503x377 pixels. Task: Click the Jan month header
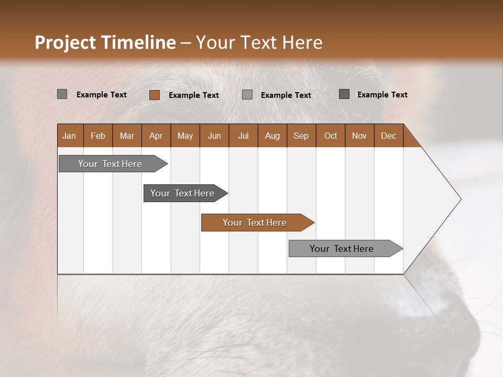point(69,136)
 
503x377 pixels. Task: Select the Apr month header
point(156,136)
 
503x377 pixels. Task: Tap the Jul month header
point(243,136)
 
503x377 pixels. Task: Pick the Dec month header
point(388,136)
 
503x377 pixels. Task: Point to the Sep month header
point(301,136)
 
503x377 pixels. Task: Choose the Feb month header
point(98,136)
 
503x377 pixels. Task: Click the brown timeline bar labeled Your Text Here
point(255,223)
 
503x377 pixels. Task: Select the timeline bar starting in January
point(110,164)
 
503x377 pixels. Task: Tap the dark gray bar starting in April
point(182,193)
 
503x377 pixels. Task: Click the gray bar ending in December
point(342,249)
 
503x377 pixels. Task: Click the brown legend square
point(154,95)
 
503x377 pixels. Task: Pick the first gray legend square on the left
point(62,94)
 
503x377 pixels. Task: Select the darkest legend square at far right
point(344,94)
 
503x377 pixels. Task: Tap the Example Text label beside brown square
point(193,95)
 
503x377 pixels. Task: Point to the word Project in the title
point(65,42)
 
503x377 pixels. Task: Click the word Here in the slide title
point(302,42)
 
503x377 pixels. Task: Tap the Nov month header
point(359,136)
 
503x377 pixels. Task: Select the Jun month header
point(214,136)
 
